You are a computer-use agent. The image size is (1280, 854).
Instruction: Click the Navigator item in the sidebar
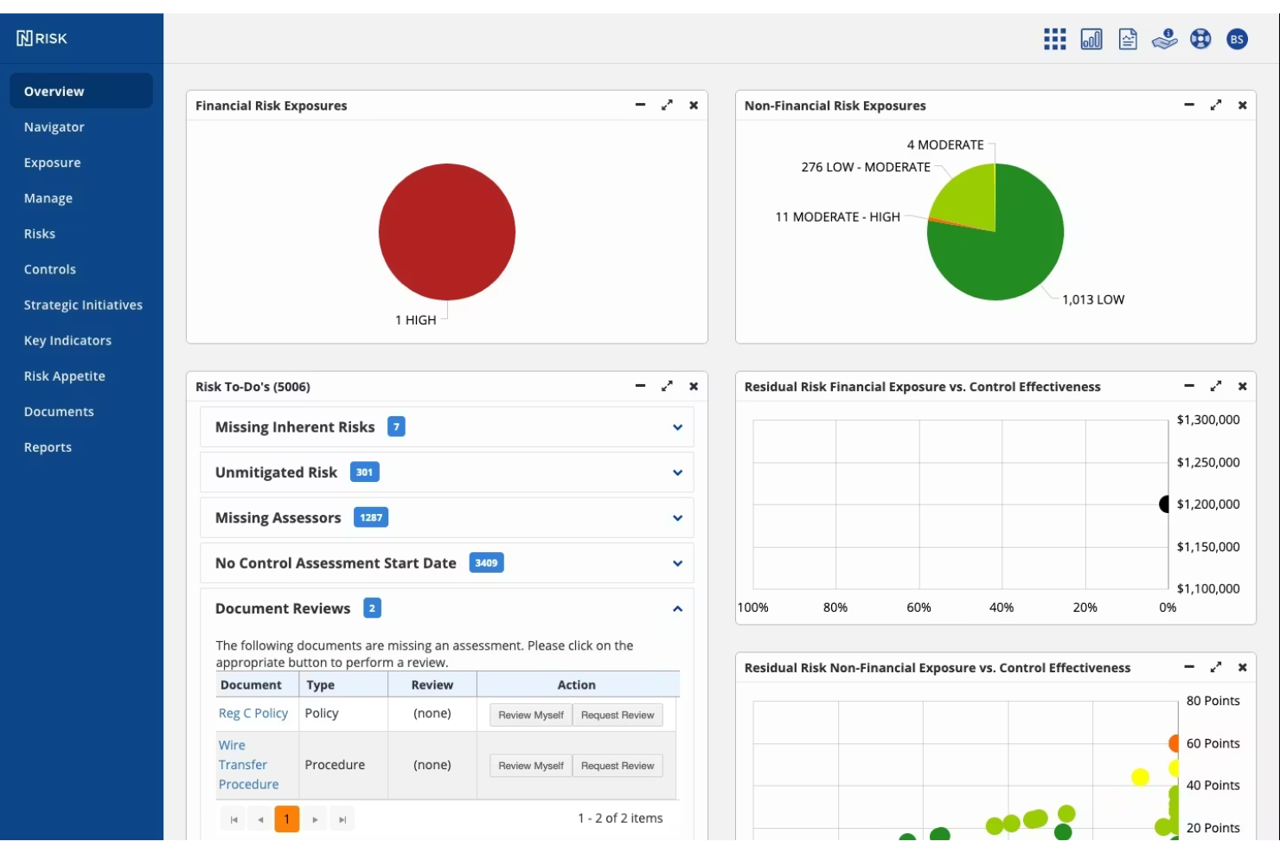tap(54, 127)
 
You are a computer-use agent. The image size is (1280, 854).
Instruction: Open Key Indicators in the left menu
tap(67, 341)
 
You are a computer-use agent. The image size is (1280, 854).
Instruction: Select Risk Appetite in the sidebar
tap(64, 376)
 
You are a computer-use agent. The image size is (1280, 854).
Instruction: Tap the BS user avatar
tap(1237, 39)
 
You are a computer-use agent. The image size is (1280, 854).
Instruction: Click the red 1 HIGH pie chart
tap(447, 232)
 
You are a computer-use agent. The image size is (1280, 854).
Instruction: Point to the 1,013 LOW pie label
tap(1093, 300)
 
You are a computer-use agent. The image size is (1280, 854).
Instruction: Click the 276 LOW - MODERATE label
tap(865, 167)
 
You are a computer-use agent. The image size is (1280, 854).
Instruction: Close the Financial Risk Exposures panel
tap(694, 106)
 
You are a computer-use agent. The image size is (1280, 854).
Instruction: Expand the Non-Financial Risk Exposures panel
tap(1216, 106)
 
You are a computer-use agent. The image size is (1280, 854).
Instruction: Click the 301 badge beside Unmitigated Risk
tap(364, 472)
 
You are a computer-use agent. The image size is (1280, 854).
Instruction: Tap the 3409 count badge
tap(486, 563)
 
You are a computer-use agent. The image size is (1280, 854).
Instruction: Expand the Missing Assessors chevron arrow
tap(677, 518)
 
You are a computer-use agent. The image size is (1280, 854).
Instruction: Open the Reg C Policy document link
tap(253, 714)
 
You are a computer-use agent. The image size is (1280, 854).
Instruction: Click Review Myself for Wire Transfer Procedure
tap(530, 766)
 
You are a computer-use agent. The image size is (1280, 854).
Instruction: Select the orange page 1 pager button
tap(286, 819)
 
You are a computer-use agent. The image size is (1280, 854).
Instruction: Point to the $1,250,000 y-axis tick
tap(1207, 463)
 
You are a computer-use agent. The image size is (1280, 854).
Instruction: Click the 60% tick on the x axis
tap(918, 608)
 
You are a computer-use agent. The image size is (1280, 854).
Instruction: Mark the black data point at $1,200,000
tap(1165, 504)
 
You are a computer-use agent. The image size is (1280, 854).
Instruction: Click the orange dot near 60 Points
tap(1174, 743)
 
